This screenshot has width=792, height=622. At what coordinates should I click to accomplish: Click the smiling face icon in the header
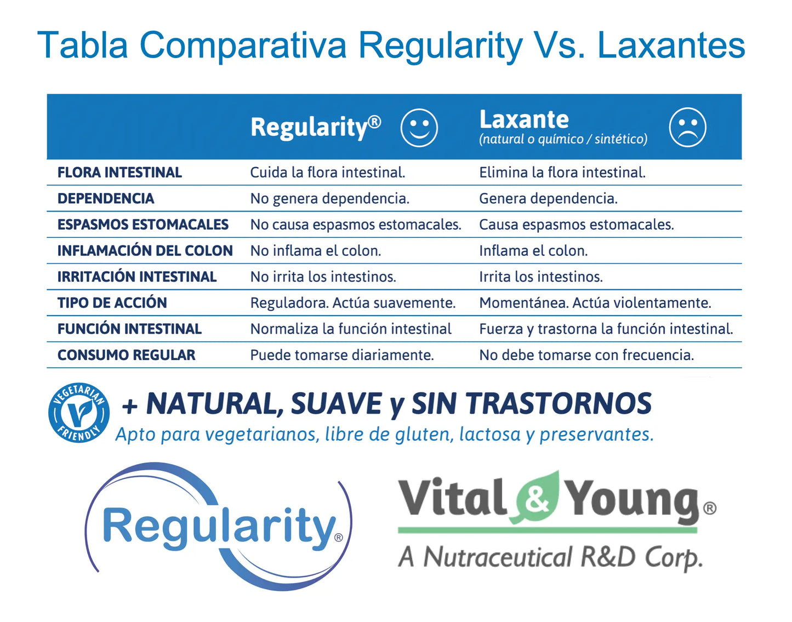click(x=419, y=128)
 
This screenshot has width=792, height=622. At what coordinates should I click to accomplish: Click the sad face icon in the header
click(x=687, y=127)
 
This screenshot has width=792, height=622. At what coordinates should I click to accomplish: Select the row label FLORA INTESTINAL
click(x=119, y=173)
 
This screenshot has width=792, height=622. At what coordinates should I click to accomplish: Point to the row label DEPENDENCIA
click(x=106, y=198)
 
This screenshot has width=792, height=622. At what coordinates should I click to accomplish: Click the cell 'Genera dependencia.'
click(x=548, y=199)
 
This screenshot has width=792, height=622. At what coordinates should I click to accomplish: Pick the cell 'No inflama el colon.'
click(x=316, y=250)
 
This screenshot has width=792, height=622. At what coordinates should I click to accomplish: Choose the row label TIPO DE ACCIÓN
click(x=112, y=303)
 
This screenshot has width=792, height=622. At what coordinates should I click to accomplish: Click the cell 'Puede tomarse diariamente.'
click(x=342, y=355)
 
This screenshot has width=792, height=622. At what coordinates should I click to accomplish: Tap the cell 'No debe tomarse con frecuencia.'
click(x=586, y=355)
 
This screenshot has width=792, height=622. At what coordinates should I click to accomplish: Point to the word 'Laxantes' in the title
click(x=671, y=45)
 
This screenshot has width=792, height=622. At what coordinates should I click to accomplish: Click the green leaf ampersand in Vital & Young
click(x=537, y=497)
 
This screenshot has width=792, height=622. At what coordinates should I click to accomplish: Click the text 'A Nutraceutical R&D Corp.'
click(x=550, y=558)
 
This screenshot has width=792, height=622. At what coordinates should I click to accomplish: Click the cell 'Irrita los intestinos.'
click(x=541, y=277)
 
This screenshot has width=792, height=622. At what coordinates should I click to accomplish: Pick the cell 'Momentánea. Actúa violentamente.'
click(x=595, y=303)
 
